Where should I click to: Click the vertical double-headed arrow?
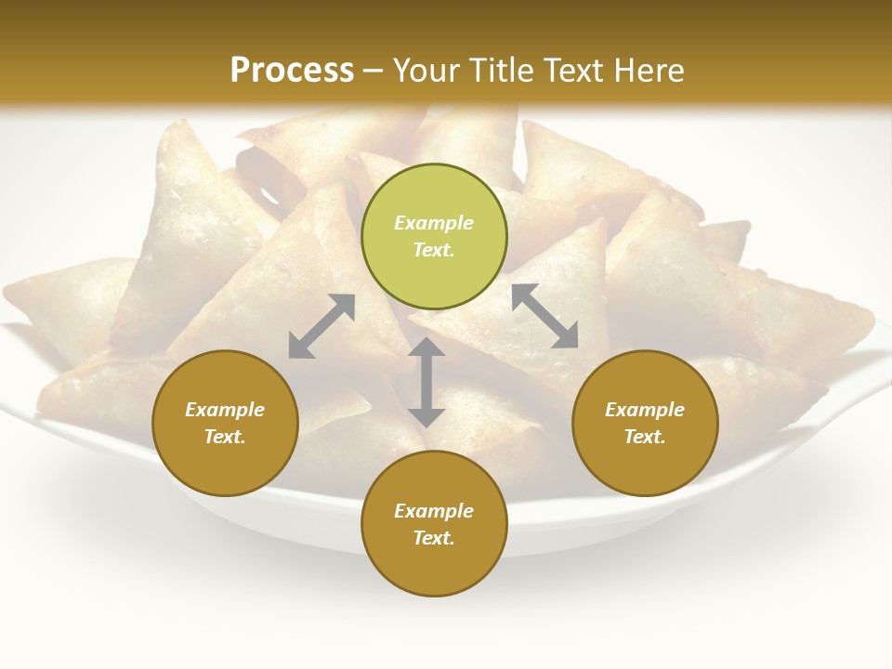pyautogui.click(x=426, y=382)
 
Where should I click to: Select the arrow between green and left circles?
pyautogui.click(x=321, y=326)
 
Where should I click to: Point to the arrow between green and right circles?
pyautogui.click(x=545, y=316)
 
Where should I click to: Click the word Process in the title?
pyautogui.click(x=292, y=70)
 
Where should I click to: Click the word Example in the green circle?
pyautogui.click(x=434, y=223)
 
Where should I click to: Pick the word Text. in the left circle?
pyautogui.click(x=225, y=437)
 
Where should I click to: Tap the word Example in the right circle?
pyautogui.click(x=645, y=410)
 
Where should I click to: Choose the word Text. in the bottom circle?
pyautogui.click(x=434, y=538)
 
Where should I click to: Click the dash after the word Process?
pyautogui.click(x=374, y=72)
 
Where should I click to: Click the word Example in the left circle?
pyautogui.click(x=225, y=410)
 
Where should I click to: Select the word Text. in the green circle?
pyautogui.click(x=434, y=250)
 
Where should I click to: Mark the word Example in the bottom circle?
pyautogui.click(x=434, y=511)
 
